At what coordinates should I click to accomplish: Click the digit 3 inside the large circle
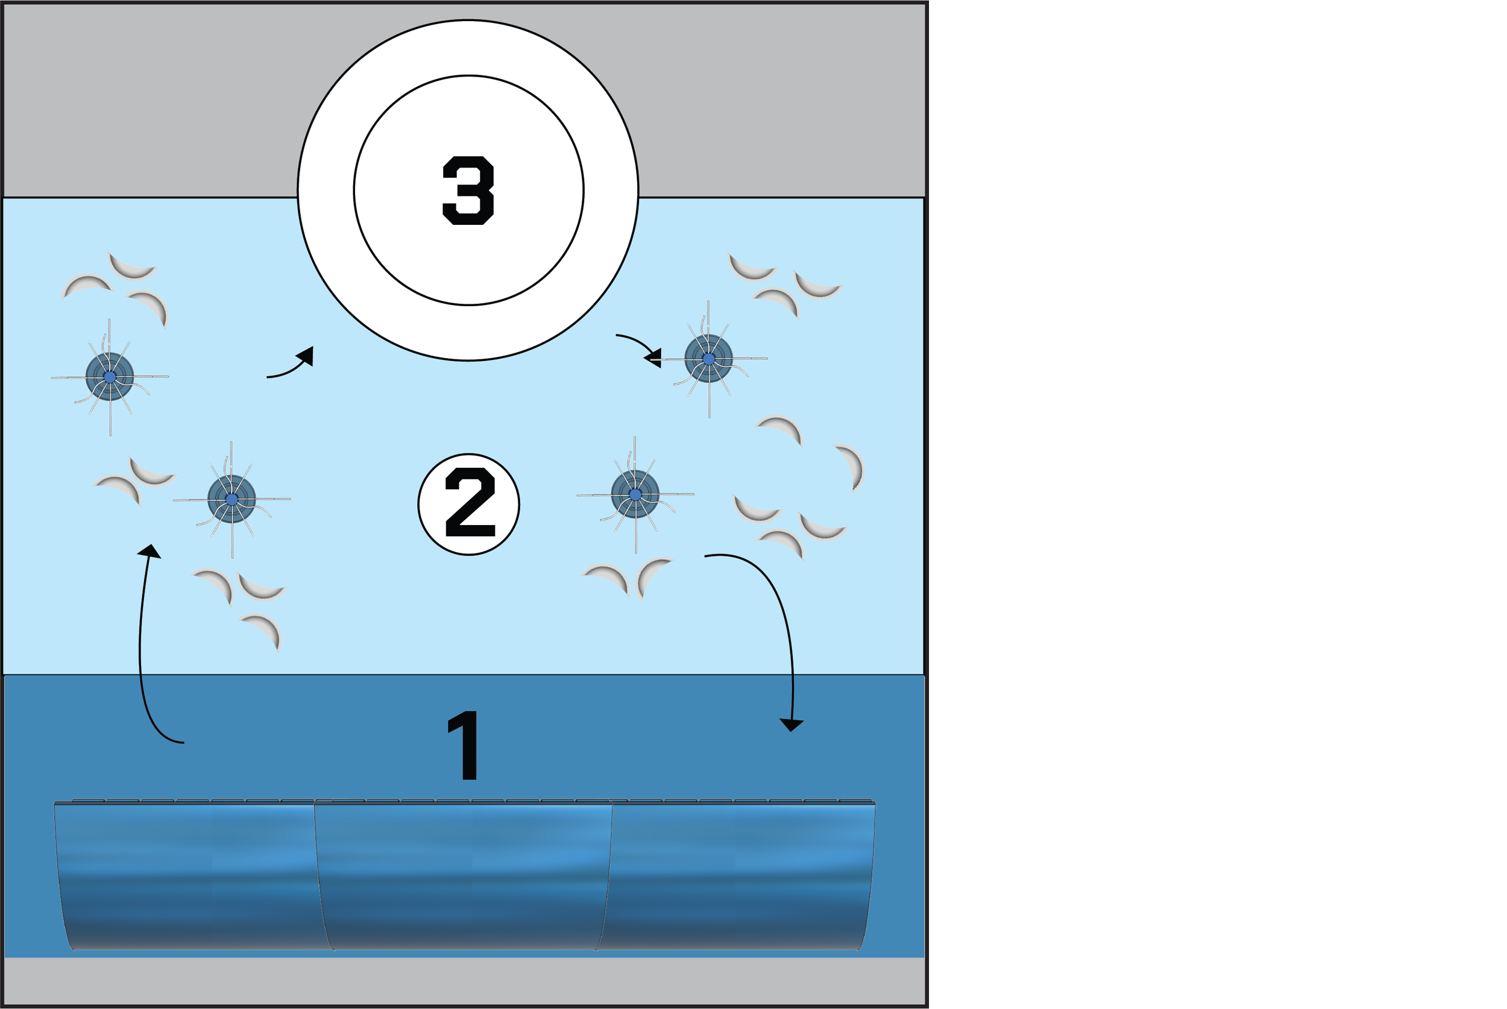[x=468, y=190]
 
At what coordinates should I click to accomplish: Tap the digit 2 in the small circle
[x=470, y=503]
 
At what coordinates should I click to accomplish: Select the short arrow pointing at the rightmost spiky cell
[x=640, y=348]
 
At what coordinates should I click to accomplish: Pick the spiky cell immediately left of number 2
[x=231, y=498]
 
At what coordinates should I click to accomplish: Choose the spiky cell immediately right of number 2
[x=635, y=494]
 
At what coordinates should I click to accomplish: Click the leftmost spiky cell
[x=110, y=377]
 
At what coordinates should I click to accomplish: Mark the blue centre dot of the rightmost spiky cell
[x=708, y=359]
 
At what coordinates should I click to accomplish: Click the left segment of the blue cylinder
[x=187, y=875]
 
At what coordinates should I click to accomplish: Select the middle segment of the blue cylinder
[x=464, y=875]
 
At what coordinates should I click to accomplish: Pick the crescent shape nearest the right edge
[x=852, y=466]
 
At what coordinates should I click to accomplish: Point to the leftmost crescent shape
[x=85, y=284]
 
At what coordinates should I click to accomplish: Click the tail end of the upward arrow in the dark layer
[x=183, y=743]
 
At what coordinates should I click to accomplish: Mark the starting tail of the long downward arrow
[x=706, y=556]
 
